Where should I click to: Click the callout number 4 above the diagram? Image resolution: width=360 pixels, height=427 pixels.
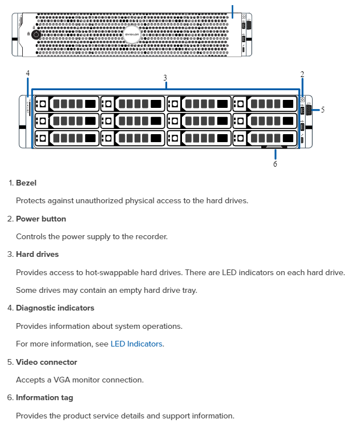coord(27,73)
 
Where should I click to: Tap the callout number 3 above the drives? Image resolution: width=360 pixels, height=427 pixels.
coord(165,78)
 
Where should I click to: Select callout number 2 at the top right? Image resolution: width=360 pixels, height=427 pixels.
coord(302,74)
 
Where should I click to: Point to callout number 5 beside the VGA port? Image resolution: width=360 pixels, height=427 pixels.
coord(322,110)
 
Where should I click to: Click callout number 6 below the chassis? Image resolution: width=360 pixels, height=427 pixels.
coord(275,164)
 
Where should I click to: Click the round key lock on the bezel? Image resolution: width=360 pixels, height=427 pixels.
coord(37,34)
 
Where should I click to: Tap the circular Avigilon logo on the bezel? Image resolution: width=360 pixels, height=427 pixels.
coord(132,34)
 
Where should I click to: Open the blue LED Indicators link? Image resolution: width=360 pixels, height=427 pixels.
coord(136,344)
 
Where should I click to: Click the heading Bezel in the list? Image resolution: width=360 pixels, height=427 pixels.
coord(26,183)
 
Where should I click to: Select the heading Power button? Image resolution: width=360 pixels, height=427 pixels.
coord(41,219)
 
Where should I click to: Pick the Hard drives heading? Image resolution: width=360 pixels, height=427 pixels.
coord(37,254)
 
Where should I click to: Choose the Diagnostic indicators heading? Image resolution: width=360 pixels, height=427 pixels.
coord(55,308)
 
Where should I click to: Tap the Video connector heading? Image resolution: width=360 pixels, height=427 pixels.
coord(46,362)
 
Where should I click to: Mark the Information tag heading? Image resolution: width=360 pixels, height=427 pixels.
coord(45,397)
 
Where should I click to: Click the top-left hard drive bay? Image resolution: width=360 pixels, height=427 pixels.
coord(66,104)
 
